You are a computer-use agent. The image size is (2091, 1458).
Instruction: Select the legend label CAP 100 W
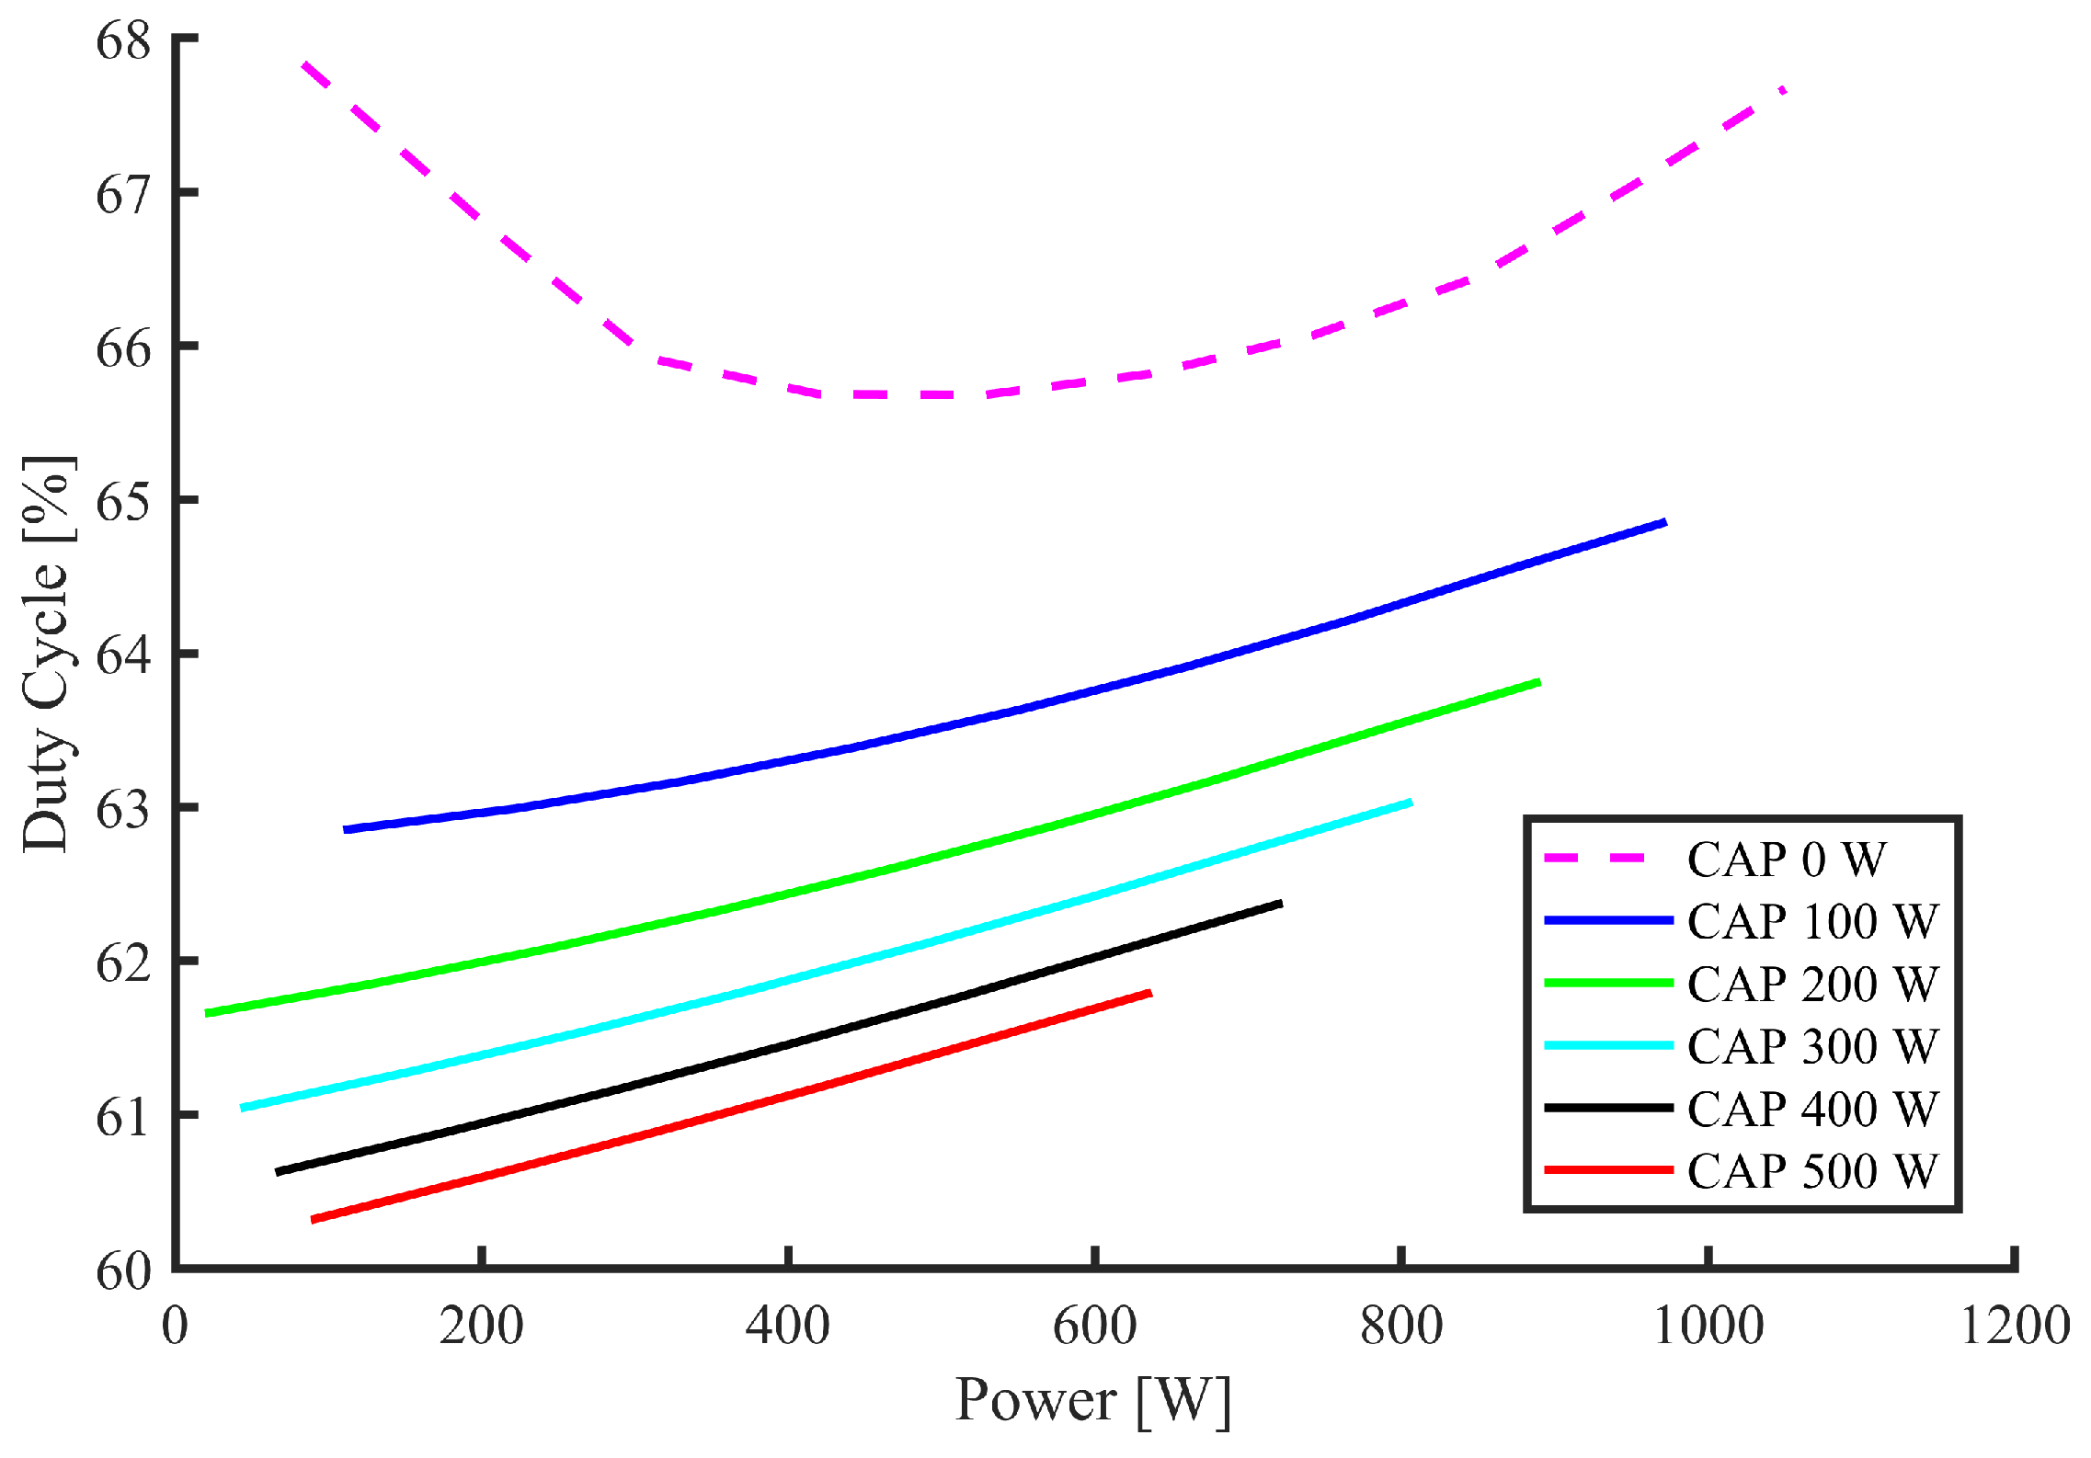coord(1812,921)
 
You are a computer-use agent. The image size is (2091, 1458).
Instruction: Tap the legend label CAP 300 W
coord(1812,1045)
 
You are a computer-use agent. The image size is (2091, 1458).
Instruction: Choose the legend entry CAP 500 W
coord(1812,1170)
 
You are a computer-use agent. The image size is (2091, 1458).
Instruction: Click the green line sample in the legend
coord(1608,983)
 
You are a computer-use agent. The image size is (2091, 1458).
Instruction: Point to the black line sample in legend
coord(1608,1108)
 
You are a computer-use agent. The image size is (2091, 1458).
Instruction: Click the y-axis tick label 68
coord(122,41)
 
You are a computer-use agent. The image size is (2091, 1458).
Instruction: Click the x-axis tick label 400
coord(787,1326)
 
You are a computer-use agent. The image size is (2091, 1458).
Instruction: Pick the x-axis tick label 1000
coord(1708,1326)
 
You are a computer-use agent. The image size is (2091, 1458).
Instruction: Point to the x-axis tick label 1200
coord(2015,1326)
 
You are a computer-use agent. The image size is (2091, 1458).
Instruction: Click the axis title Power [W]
coord(1092,1400)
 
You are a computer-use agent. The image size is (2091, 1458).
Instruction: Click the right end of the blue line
coord(1665,523)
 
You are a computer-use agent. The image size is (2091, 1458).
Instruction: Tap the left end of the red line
coord(314,1220)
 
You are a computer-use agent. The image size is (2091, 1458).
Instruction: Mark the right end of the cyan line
coord(1411,803)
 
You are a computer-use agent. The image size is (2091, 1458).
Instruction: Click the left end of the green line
coord(207,1013)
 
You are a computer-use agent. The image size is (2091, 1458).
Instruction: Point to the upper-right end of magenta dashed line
coord(1784,89)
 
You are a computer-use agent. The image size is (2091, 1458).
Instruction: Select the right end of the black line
coord(1281,904)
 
